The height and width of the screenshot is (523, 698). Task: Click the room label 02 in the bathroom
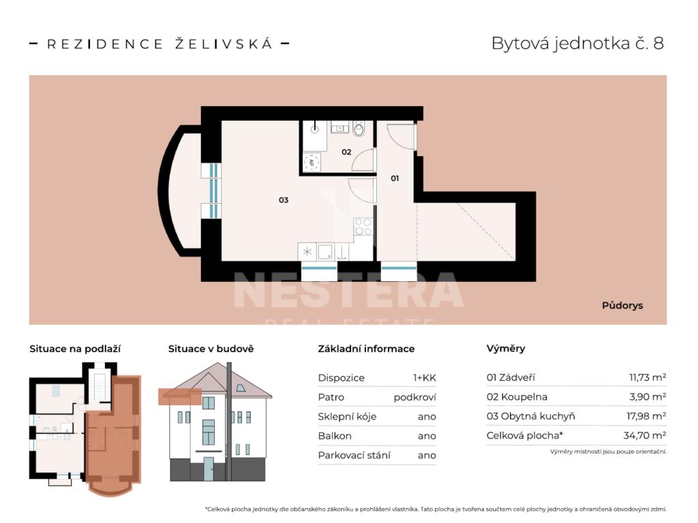(x=346, y=152)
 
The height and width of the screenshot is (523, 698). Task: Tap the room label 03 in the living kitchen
(x=284, y=200)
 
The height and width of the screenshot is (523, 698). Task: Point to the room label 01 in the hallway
(x=395, y=178)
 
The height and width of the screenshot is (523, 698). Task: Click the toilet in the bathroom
(x=359, y=129)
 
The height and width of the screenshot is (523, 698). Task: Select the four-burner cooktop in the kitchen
(x=363, y=226)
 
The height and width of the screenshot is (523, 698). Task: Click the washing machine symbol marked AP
(x=312, y=162)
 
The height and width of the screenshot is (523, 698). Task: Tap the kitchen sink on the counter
(x=325, y=252)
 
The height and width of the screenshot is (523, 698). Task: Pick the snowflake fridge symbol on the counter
(x=307, y=252)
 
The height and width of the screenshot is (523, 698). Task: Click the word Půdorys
(x=622, y=306)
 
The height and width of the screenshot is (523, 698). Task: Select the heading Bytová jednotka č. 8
(x=577, y=43)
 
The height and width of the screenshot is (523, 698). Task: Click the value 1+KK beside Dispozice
(x=425, y=378)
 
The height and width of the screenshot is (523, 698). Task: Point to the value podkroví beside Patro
(x=415, y=397)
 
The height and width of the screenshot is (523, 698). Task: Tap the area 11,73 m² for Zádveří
(x=648, y=377)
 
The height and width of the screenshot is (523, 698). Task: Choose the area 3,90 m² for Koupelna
(x=648, y=397)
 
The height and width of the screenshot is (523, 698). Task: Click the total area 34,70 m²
(x=645, y=435)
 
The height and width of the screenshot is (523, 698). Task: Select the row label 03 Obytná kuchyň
(x=530, y=416)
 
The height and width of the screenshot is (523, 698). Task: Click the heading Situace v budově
(x=211, y=349)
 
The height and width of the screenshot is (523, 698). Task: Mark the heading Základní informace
(x=366, y=349)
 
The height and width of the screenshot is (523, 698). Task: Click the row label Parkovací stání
(x=354, y=456)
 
